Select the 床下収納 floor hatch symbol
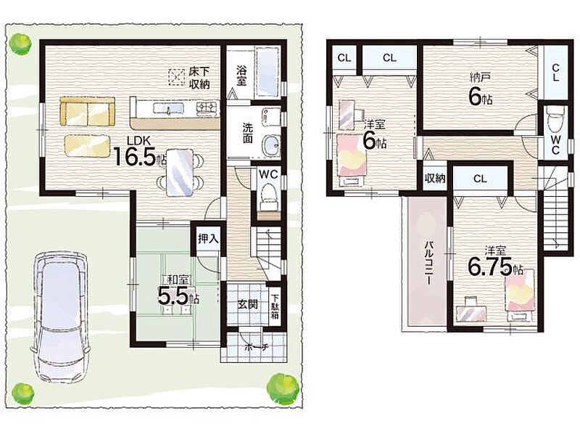[x=176, y=78]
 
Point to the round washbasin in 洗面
[x=270, y=144]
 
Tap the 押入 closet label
[x=208, y=239]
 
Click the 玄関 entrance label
[x=247, y=304]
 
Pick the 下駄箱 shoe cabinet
[x=275, y=306]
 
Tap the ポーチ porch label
[x=255, y=348]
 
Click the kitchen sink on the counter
[x=168, y=108]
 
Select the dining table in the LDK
[x=180, y=171]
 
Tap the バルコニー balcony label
[x=428, y=263]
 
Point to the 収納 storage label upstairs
[x=434, y=179]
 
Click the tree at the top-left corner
[x=20, y=44]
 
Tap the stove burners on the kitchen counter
[x=207, y=107]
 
